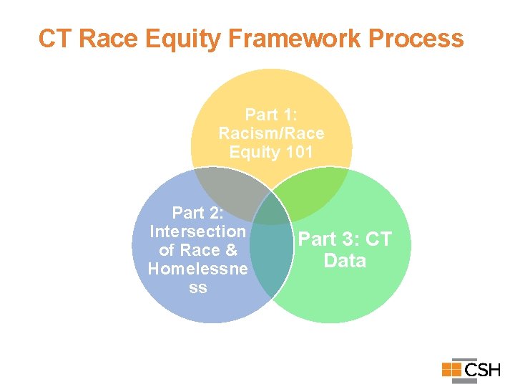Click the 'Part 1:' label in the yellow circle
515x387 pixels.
click(271, 115)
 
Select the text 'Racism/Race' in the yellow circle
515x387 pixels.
click(271, 133)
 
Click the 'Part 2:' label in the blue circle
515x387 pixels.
click(198, 213)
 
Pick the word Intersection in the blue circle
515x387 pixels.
click(197, 231)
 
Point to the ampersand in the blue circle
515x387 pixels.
click(231, 250)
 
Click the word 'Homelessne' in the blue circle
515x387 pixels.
click(197, 269)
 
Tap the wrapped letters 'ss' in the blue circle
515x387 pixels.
click(198, 287)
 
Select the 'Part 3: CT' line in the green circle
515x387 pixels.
click(345, 239)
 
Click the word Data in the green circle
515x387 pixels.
click(345, 260)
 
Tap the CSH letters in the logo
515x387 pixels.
click(482, 370)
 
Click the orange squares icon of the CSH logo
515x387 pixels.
click(451, 369)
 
